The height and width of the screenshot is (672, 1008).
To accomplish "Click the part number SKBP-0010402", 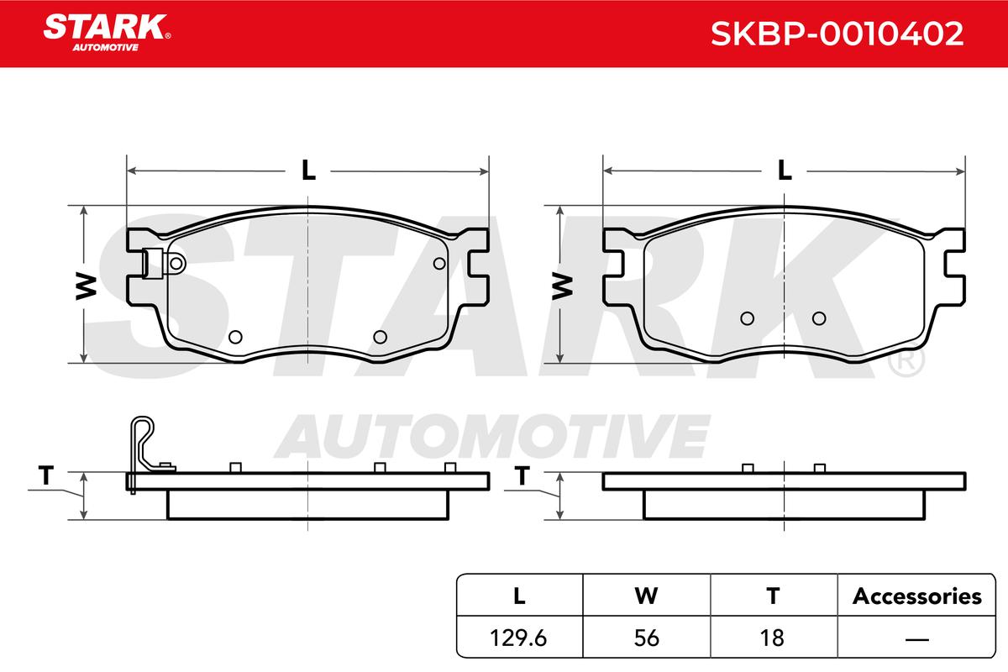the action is [837, 34].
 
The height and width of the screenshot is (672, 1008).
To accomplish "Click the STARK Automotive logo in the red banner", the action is [107, 33].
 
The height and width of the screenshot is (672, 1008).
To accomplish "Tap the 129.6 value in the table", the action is [518, 638].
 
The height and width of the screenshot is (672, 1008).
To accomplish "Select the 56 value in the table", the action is [647, 638].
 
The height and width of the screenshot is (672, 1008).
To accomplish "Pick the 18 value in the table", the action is [772, 638].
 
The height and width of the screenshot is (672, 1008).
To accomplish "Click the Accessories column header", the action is [916, 596].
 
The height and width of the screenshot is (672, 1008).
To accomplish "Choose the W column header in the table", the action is [647, 596].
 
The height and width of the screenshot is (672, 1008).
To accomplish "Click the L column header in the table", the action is [519, 596].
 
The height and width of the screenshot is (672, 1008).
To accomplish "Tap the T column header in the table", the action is [773, 596].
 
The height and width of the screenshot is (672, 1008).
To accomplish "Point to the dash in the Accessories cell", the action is [917, 639].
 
